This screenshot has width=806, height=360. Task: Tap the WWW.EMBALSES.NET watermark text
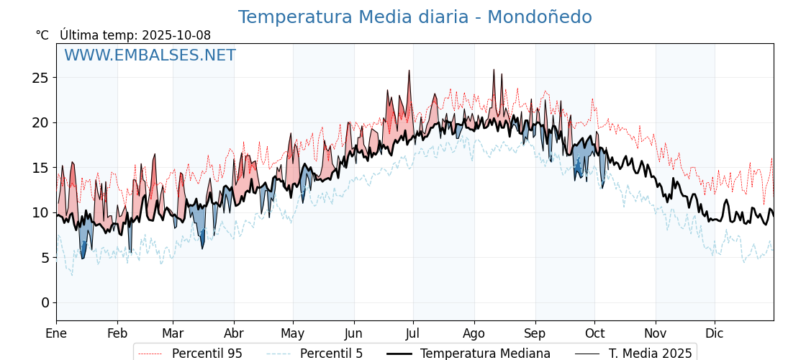click(x=150, y=55)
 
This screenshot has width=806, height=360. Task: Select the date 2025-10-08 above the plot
click(x=176, y=35)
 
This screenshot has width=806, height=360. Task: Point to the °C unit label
click(x=42, y=35)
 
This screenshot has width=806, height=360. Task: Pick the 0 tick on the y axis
click(x=45, y=302)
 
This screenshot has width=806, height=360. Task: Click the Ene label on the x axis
click(x=56, y=333)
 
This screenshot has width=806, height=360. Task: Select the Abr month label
click(x=234, y=333)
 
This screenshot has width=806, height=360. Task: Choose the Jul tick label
click(x=413, y=333)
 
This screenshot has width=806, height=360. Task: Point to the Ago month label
click(x=474, y=333)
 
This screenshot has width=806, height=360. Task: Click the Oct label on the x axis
click(x=594, y=333)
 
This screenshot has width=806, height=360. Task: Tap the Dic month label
click(x=715, y=333)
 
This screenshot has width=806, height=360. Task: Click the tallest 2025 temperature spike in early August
click(x=494, y=71)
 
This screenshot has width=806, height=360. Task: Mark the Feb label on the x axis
click(x=117, y=333)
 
